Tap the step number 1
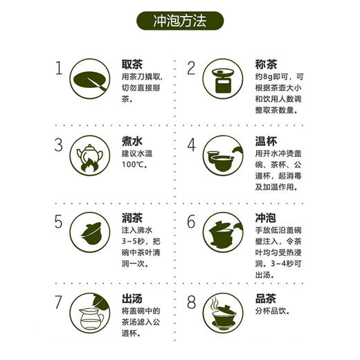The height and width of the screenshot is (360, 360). click(x=60, y=68)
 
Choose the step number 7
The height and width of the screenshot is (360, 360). click(x=60, y=303)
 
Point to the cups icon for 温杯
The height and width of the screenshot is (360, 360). click(x=224, y=158)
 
